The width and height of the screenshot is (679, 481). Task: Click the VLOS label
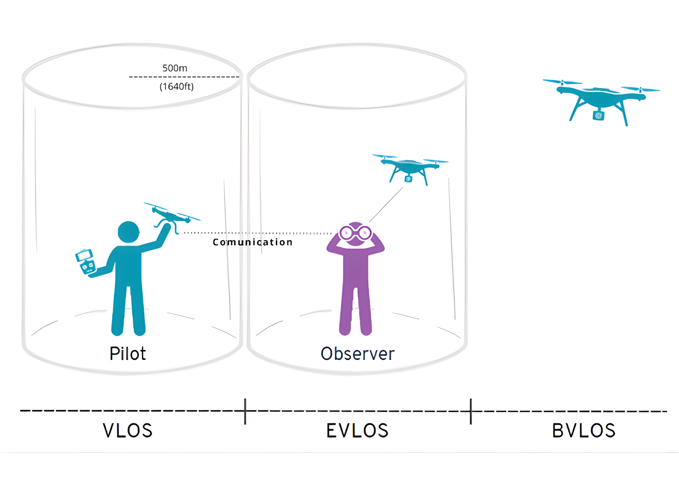tap(127, 431)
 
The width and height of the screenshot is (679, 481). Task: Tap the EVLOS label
tap(357, 431)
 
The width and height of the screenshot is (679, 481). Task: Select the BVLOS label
tap(584, 431)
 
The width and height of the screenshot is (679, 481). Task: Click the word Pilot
tap(127, 353)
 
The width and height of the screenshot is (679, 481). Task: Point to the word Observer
tap(357, 353)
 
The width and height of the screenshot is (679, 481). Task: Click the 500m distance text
tap(175, 68)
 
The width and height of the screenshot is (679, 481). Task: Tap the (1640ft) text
tap(177, 86)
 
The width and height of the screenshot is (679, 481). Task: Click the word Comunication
tap(253, 242)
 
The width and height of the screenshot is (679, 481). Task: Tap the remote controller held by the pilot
tap(86, 261)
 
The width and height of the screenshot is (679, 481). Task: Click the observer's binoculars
tap(355, 233)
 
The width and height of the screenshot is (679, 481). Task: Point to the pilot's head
tap(128, 233)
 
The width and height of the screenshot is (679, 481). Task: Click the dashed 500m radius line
tap(185, 77)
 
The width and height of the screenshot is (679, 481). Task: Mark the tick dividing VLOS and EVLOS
tap(245, 411)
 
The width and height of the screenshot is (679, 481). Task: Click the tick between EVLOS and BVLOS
tap(471, 411)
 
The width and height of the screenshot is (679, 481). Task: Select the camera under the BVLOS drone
tap(598, 115)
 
